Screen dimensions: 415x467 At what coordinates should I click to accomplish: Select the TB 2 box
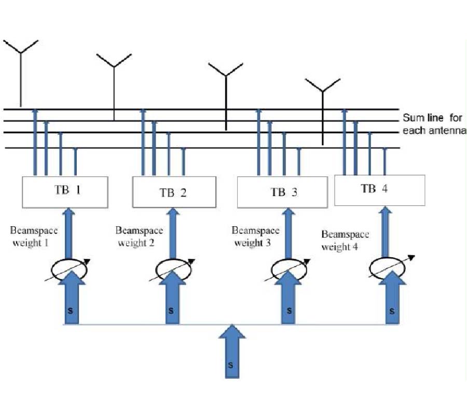(x=174, y=192)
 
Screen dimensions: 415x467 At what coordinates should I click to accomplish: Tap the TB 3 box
(x=283, y=192)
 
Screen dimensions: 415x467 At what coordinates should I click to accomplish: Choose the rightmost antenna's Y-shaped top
(x=322, y=86)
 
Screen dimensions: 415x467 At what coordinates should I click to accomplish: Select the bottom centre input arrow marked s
(x=231, y=358)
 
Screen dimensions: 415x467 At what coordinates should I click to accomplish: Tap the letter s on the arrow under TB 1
(x=70, y=310)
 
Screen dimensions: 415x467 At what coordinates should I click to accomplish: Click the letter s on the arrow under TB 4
(x=392, y=311)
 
